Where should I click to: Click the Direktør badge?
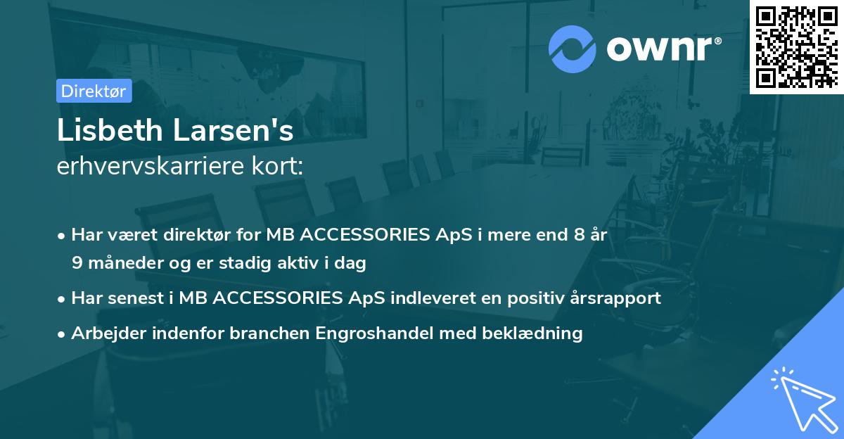94,91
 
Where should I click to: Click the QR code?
796,46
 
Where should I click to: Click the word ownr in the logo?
662,49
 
